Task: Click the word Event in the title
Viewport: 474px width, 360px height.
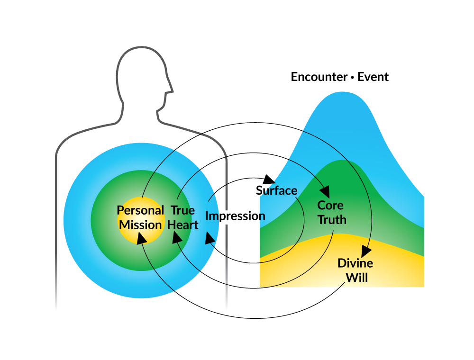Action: [x=373, y=77]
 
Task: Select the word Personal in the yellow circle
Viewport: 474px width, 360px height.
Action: [x=140, y=210]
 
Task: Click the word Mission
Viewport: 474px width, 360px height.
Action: [x=140, y=225]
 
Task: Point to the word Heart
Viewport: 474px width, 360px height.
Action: [x=183, y=225]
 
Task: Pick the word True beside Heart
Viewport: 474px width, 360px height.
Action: [x=182, y=210]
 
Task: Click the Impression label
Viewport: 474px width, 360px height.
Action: [x=235, y=216]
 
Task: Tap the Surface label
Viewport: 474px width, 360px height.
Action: [x=276, y=190]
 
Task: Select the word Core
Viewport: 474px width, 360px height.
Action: [x=330, y=206]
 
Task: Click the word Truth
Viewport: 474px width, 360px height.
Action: [x=332, y=220]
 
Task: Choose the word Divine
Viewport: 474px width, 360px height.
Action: [x=355, y=263]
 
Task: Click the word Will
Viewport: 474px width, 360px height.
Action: [x=356, y=277]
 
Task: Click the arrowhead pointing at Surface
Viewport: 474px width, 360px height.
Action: [x=269, y=180]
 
